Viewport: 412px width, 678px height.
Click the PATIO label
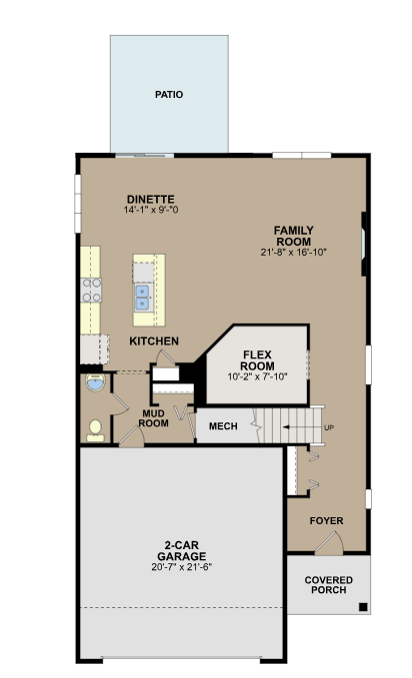coord(169,94)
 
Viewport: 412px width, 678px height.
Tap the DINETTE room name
coord(151,200)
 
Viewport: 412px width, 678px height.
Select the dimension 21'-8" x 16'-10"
coord(293,252)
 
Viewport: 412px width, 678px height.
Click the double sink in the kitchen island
coord(142,298)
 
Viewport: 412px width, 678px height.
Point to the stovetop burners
coord(91,291)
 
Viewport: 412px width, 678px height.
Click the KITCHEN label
coord(154,341)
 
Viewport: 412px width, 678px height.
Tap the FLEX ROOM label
coord(257,360)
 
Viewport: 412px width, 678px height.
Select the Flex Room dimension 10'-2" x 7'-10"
coord(257,376)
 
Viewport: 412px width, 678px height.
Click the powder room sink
coord(95,382)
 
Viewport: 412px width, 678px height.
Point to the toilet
coord(95,431)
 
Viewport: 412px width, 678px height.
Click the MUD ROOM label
coord(153,418)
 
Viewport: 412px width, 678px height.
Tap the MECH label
coord(223,426)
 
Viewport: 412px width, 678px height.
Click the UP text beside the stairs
coord(329,427)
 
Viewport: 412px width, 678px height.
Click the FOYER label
coord(326,520)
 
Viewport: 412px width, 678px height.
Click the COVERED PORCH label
coord(328,585)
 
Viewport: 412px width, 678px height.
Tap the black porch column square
coord(363,607)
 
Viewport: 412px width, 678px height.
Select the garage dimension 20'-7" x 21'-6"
coord(182,567)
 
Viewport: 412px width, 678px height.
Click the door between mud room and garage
coord(131,435)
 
